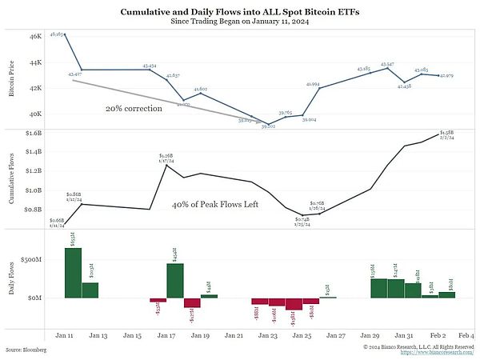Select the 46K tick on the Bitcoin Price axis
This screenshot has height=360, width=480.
[x=34, y=37]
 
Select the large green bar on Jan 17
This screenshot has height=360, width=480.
[x=174, y=281]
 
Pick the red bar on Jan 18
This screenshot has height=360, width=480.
[x=192, y=302]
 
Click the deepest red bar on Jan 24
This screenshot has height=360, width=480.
[x=294, y=304]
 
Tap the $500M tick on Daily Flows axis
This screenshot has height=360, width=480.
[x=31, y=260]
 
